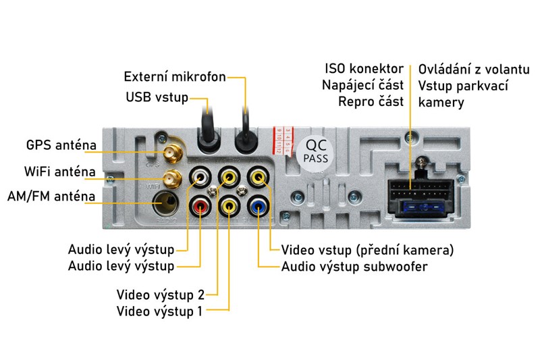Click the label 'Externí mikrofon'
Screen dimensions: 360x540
pyautogui.click(x=175, y=76)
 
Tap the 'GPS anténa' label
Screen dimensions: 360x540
pyautogui.click(x=61, y=145)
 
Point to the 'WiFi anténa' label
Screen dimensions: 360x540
pyautogui.click(x=59, y=172)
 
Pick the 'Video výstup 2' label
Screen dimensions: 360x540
pyautogui.click(x=160, y=295)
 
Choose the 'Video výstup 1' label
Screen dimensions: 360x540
pyautogui.click(x=160, y=311)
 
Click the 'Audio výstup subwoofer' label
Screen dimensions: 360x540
pyautogui.click(x=354, y=266)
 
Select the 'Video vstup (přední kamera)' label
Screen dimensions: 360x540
pyautogui.click(x=367, y=250)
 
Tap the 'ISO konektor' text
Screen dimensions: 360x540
pyautogui.click(x=364, y=69)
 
